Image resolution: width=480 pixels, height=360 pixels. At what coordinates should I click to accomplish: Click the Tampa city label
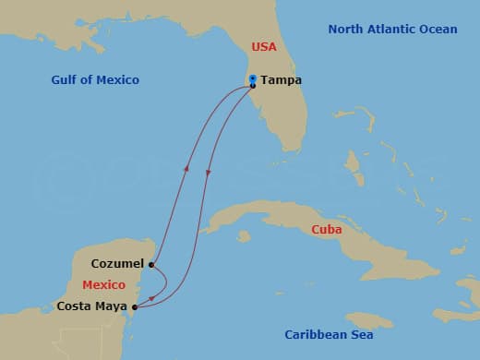tap(281, 80)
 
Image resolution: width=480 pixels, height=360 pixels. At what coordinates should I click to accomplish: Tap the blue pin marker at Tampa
tap(252, 79)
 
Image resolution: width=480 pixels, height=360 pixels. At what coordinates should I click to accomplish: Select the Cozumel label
tap(117, 264)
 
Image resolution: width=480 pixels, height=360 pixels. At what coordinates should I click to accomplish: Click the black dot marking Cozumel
tap(150, 264)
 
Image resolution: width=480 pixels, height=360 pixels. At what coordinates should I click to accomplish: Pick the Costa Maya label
tap(92, 306)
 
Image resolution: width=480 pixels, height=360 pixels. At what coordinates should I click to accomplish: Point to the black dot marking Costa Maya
tap(136, 306)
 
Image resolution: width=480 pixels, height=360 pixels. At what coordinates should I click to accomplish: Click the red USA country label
tap(264, 47)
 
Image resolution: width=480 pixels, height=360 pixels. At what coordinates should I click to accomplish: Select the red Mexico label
tap(102, 284)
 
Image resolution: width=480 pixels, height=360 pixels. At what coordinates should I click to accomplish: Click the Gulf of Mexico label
tap(95, 80)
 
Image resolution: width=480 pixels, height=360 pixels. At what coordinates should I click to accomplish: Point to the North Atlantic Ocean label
tap(392, 30)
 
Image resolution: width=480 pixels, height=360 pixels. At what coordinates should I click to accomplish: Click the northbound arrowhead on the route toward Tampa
tap(187, 169)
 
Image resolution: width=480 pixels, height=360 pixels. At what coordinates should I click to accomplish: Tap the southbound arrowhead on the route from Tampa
tap(208, 173)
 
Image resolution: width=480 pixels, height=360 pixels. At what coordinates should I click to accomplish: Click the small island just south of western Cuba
tap(243, 237)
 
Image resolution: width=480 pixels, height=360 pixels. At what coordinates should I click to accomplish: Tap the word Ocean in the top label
tap(438, 30)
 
